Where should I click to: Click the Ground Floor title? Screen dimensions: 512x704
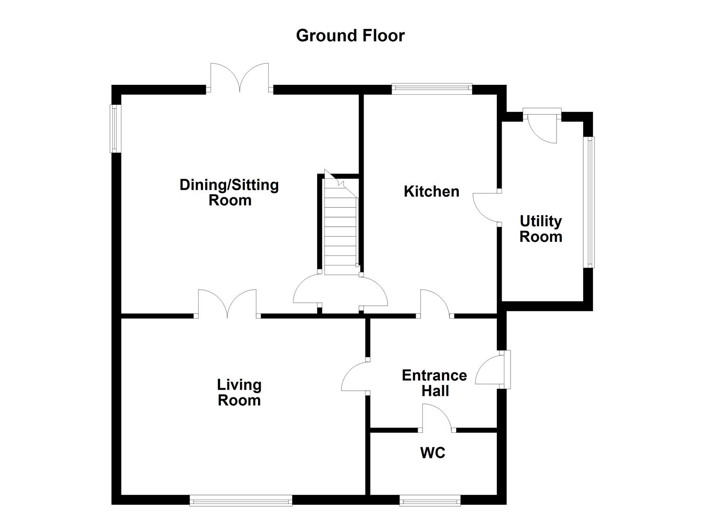pos(350,36)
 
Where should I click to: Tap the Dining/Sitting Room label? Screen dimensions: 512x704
pos(229,192)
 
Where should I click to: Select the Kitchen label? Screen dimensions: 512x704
pos(431,192)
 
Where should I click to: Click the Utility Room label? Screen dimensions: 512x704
pos(540,229)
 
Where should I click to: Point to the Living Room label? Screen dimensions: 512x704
pos(239,392)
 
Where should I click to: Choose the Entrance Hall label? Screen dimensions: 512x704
pos(434,383)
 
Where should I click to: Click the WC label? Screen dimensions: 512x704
pos(432,453)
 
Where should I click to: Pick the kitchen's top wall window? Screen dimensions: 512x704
pos(432,88)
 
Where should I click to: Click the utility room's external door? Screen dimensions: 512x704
pos(543,126)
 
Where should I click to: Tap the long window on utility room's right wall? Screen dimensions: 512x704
pos(589,202)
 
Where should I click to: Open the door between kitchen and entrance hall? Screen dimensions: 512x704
pos(435,303)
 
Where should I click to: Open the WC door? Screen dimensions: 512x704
pos(437,417)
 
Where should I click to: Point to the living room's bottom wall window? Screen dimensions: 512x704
pos(241,500)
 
